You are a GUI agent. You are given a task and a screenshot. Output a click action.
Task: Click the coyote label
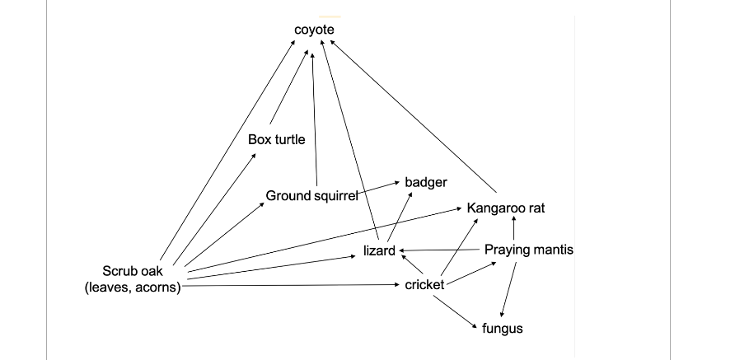click(x=315, y=30)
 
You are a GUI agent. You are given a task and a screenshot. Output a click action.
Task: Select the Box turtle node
click(x=276, y=139)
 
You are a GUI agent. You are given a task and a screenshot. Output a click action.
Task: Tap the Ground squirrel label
click(x=311, y=195)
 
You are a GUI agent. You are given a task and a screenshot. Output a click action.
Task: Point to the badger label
click(x=425, y=181)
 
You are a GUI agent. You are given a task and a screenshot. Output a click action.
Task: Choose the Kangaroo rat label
click(x=505, y=208)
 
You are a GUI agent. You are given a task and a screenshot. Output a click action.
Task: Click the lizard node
click(x=379, y=250)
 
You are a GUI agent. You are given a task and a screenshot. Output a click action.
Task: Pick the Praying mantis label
click(x=528, y=249)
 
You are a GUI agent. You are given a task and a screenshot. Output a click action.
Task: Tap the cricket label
click(x=424, y=285)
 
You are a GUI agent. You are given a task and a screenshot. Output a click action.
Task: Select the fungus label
click(x=502, y=328)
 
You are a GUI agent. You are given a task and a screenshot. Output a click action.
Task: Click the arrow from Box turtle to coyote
click(x=289, y=90)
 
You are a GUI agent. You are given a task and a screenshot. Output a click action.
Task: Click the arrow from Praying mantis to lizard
click(x=441, y=250)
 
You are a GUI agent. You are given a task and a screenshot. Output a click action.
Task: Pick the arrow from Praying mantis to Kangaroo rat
click(x=513, y=230)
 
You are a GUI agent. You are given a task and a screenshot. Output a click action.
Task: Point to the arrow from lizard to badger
click(x=399, y=218)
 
